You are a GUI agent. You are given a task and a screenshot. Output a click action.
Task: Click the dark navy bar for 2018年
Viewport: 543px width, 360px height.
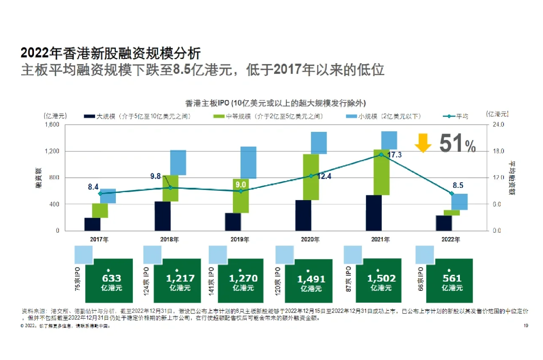click(x=162, y=216)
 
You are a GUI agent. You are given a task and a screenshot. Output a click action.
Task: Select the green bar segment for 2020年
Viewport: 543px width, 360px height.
click(x=311, y=176)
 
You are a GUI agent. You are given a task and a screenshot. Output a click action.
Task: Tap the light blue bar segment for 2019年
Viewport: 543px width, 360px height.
click(x=248, y=162)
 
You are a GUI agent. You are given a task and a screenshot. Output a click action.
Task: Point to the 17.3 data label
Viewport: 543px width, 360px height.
click(x=395, y=155)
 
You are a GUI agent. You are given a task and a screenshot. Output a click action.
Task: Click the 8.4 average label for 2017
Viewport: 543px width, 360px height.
click(x=93, y=187)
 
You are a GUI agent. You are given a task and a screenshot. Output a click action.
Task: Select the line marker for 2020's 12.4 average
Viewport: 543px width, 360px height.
click(x=311, y=176)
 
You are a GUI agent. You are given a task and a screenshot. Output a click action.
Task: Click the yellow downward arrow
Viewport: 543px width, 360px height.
click(x=423, y=143)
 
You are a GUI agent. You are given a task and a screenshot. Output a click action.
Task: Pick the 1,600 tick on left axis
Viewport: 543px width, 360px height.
click(x=54, y=125)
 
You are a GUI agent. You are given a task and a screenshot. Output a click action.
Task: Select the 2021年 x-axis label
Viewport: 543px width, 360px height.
click(x=381, y=240)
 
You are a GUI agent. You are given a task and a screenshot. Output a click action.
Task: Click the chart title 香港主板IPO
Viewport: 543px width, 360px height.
click(x=275, y=103)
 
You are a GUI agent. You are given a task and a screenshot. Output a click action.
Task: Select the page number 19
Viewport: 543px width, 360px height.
click(x=526, y=326)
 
